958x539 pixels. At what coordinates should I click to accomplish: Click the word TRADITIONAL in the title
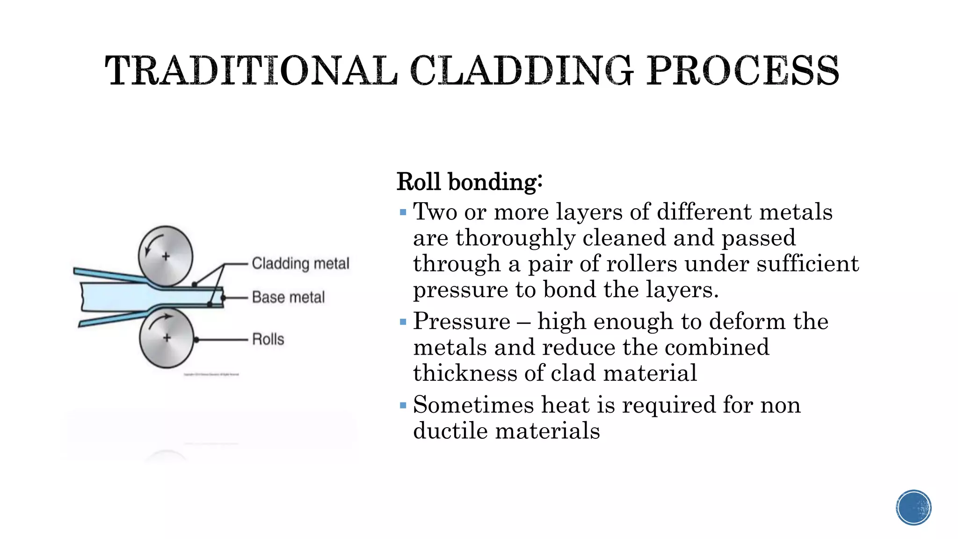(251, 71)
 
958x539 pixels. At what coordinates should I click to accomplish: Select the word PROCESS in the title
(742, 71)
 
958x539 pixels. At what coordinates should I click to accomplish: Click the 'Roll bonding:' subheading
(469, 182)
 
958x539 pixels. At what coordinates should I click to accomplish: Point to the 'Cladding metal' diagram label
(300, 263)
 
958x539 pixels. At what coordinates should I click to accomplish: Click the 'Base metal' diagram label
(288, 297)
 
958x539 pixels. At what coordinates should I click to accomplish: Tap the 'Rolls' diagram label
(268, 339)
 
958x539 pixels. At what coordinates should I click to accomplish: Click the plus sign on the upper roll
(166, 256)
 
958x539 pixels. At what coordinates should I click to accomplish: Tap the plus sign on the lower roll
(167, 338)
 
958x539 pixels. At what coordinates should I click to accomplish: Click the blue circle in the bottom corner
(914, 508)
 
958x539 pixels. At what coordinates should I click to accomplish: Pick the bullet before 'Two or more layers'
(403, 213)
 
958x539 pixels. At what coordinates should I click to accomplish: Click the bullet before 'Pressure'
(403, 322)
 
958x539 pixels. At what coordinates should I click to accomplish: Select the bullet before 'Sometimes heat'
(403, 405)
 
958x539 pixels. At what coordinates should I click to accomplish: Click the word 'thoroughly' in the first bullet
(515, 238)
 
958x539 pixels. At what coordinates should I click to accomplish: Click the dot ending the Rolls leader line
(196, 340)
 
